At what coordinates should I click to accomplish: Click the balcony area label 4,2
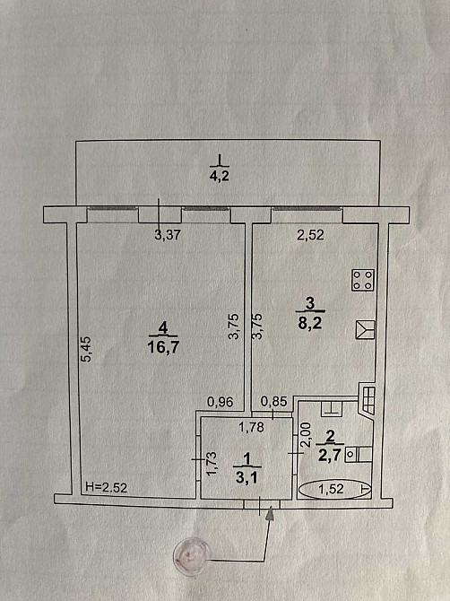pos(220,177)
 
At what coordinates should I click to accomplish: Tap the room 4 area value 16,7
pos(163,348)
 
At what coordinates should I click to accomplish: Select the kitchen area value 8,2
pos(310,324)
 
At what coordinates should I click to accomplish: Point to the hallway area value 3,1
pos(247,478)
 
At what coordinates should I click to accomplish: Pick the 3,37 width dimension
pos(168,235)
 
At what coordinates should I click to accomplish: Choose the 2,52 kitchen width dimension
pos(310,235)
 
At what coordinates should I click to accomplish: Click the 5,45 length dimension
pos(87,349)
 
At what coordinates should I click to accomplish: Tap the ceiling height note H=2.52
pos(106,488)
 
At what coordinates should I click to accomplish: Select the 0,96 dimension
pos(221,402)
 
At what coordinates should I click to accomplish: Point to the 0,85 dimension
pos(273,401)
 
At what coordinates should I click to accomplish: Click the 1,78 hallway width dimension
pos(251,427)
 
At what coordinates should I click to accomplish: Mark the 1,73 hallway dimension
pos(212,464)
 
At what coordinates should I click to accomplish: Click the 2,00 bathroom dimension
pos(306,435)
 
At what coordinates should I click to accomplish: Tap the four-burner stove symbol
pos(363,280)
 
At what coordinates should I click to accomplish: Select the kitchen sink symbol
pos(365,329)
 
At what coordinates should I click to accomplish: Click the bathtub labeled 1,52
pos(334,489)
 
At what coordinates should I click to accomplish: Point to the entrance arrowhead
pos(271,512)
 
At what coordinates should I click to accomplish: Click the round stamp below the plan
pos(191,553)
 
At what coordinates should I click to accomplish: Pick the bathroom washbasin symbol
pos(358,454)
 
